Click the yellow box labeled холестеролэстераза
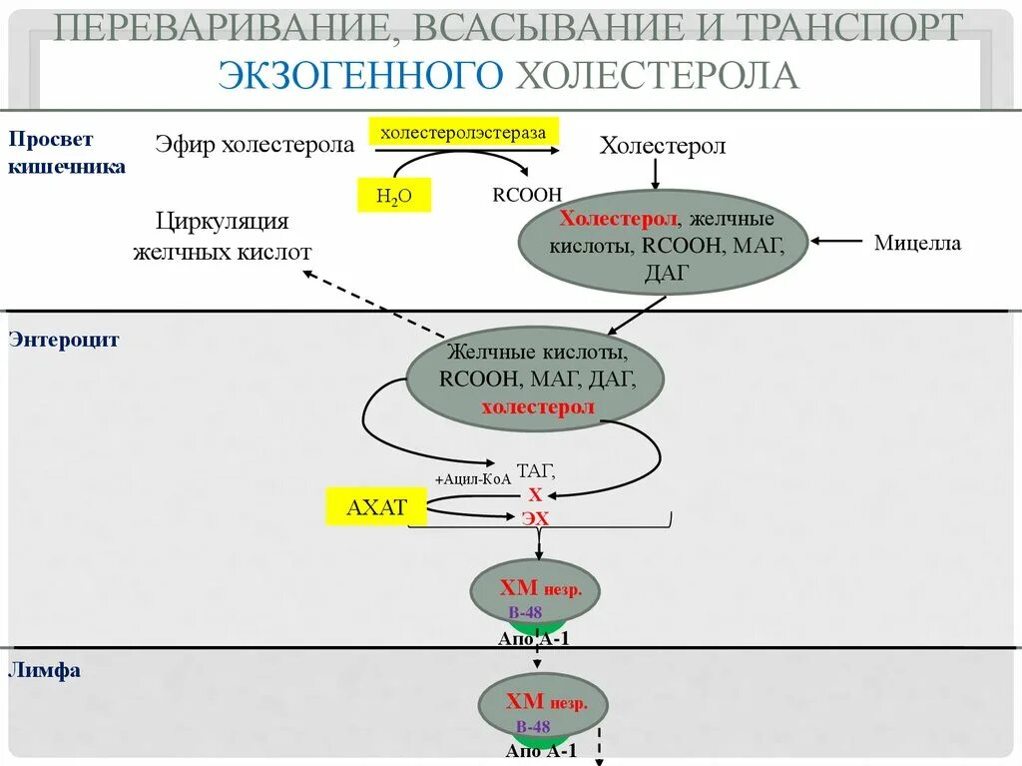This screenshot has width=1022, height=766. click(x=464, y=132)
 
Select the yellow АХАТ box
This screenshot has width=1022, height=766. click(x=376, y=507)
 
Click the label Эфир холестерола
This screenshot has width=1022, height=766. click(x=255, y=145)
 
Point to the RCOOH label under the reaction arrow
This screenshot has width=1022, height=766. click(x=527, y=195)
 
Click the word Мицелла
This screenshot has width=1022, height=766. click(x=917, y=242)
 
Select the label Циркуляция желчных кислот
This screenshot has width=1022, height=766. click(x=223, y=236)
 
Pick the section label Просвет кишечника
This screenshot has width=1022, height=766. click(x=66, y=152)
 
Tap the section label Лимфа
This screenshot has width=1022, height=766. click(x=44, y=671)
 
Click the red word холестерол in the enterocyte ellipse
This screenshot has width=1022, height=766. click(x=537, y=406)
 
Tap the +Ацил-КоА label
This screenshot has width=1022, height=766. click(x=473, y=478)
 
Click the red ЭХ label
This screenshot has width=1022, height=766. click(x=535, y=518)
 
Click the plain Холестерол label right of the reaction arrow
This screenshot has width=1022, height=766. click(x=662, y=146)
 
